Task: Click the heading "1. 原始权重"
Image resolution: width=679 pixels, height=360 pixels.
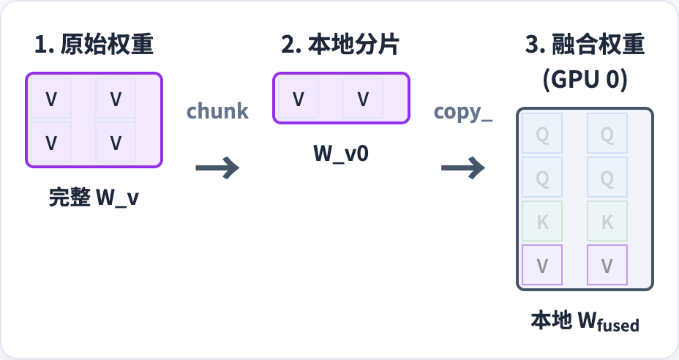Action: coord(94,45)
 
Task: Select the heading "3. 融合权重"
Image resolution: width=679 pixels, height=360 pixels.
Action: coord(585,45)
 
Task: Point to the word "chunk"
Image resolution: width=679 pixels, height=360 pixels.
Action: coord(217,111)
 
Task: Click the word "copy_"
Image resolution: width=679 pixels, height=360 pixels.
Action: coord(463,111)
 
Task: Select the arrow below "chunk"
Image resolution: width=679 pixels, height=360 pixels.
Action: coord(217,168)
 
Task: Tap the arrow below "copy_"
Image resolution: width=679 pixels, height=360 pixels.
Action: coord(463,168)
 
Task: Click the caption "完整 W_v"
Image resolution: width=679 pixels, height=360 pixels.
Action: coord(94,198)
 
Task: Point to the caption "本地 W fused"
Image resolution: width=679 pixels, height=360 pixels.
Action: coord(585,322)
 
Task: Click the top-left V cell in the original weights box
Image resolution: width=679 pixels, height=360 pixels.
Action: coord(51,99)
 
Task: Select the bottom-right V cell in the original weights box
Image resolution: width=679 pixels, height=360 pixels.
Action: coord(115,142)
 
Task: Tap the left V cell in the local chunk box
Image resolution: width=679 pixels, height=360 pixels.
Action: coord(298,99)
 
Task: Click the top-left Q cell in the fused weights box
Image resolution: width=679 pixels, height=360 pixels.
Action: coord(543,134)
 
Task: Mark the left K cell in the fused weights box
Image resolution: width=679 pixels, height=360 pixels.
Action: coord(543,222)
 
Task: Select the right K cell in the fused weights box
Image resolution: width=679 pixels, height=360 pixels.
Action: coord(607,222)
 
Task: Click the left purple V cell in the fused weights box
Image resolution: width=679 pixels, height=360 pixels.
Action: coord(543,265)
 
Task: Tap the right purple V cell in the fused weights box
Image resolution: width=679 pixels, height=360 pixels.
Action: coord(607,265)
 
